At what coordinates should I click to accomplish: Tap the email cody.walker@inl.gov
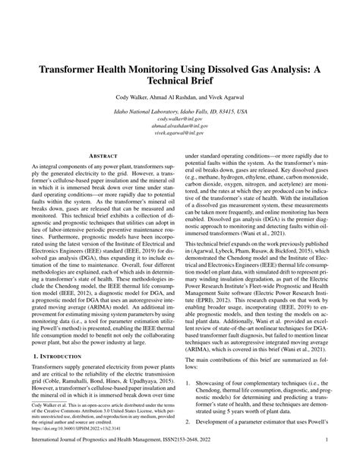click(180, 119)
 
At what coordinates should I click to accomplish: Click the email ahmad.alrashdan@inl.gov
click(180, 128)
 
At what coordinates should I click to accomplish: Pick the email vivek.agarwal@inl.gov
click(180, 136)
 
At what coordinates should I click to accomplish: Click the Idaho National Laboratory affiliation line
click(180, 111)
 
